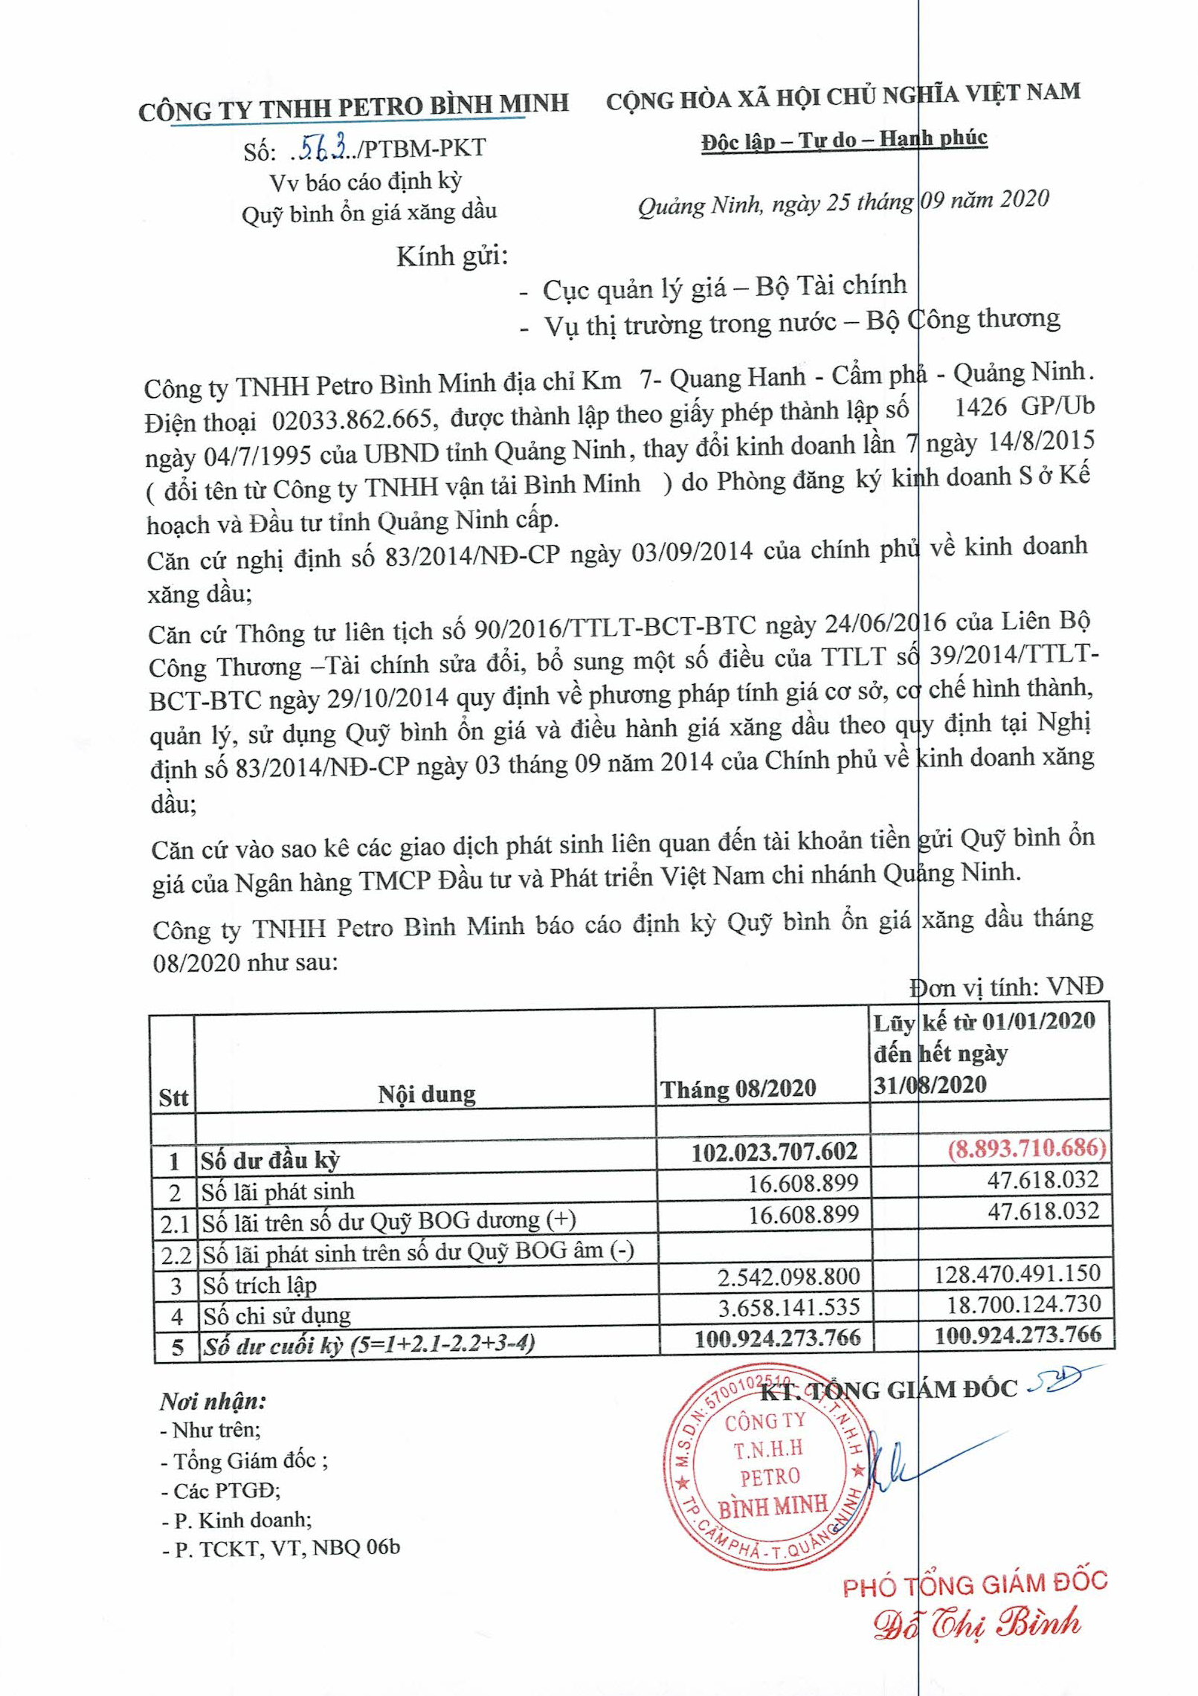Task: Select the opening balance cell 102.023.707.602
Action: click(x=774, y=1152)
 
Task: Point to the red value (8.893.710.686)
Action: click(x=1026, y=1148)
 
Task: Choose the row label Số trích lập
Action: click(x=260, y=1285)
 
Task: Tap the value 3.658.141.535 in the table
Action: click(x=788, y=1306)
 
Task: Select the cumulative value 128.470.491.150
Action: click(x=1017, y=1273)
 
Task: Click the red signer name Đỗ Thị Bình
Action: click(x=976, y=1624)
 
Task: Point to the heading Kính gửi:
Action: click(x=452, y=257)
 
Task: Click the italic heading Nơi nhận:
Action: click(x=213, y=1402)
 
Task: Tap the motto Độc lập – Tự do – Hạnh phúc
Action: click(x=844, y=139)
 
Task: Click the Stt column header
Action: click(x=173, y=1098)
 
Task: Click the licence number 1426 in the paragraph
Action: click(x=980, y=407)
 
